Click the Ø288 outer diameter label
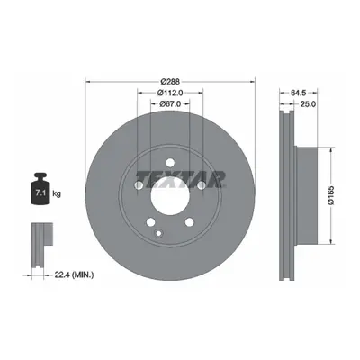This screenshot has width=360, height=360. pos(170,81)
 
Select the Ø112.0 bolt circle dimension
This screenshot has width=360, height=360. pos(170,93)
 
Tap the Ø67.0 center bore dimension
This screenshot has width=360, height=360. pos(170,103)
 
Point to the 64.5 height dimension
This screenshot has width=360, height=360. pos(298,93)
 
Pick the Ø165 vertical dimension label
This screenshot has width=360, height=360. pos(331,195)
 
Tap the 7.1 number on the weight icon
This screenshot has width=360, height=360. pos(40,193)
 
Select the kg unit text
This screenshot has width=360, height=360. pos(57,193)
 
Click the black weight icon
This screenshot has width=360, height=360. pos(40,189)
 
